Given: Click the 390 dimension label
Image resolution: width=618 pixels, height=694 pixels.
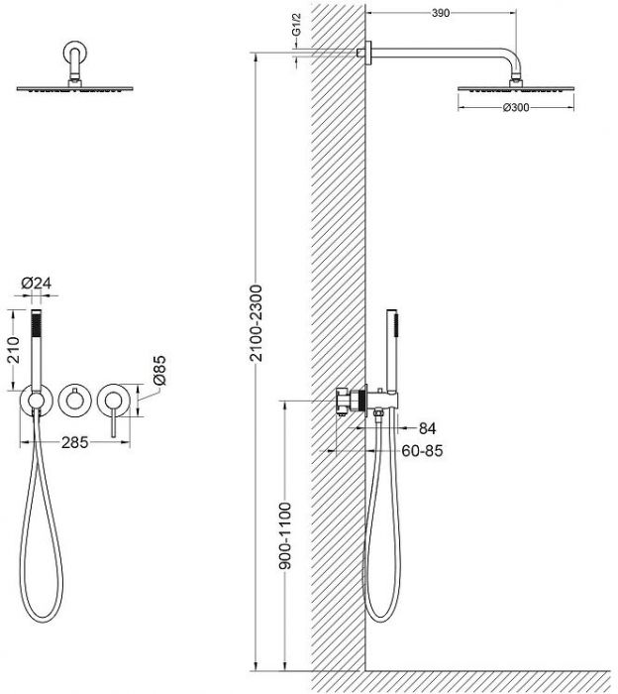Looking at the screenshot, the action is pyautogui.click(x=441, y=13).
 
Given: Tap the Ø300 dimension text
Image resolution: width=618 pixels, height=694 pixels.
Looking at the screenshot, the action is pyautogui.click(x=516, y=107).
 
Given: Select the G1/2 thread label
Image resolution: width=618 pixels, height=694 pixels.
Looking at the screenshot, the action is pyautogui.click(x=296, y=25).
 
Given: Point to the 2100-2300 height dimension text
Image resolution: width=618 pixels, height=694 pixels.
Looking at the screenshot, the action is pyautogui.click(x=256, y=323).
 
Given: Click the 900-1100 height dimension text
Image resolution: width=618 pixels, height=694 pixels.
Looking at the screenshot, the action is pyautogui.click(x=285, y=536).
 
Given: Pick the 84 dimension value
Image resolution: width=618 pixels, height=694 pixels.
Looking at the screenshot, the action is pyautogui.click(x=427, y=428).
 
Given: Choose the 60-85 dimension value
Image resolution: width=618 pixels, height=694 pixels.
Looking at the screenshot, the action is pyautogui.click(x=422, y=451).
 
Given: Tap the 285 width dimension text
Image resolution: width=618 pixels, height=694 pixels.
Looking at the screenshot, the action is pyautogui.click(x=74, y=442).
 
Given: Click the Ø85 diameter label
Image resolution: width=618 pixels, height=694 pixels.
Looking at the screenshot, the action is pyautogui.click(x=158, y=370).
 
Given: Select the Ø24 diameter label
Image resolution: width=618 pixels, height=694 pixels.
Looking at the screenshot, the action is pyautogui.click(x=37, y=283).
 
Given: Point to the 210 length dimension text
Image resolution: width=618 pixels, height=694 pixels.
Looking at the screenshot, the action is pyautogui.click(x=13, y=350).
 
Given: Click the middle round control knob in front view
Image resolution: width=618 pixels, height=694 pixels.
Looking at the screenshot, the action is pyautogui.click(x=74, y=401).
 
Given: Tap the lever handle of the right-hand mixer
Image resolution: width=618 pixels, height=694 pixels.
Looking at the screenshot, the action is pyautogui.click(x=114, y=418).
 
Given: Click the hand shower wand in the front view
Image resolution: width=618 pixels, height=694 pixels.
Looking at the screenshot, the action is pyautogui.click(x=37, y=351).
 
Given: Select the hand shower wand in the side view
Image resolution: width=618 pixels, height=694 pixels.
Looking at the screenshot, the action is pyautogui.click(x=392, y=351).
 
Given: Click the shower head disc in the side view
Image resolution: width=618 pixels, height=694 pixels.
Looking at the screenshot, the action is pyautogui.click(x=516, y=88).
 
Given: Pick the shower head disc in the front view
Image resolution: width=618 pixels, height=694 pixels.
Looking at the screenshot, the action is pyautogui.click(x=74, y=88).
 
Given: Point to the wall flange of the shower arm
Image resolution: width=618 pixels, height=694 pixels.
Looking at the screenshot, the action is pyautogui.click(x=368, y=53).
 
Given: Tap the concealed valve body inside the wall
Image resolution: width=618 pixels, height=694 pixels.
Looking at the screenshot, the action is pyautogui.click(x=351, y=401).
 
